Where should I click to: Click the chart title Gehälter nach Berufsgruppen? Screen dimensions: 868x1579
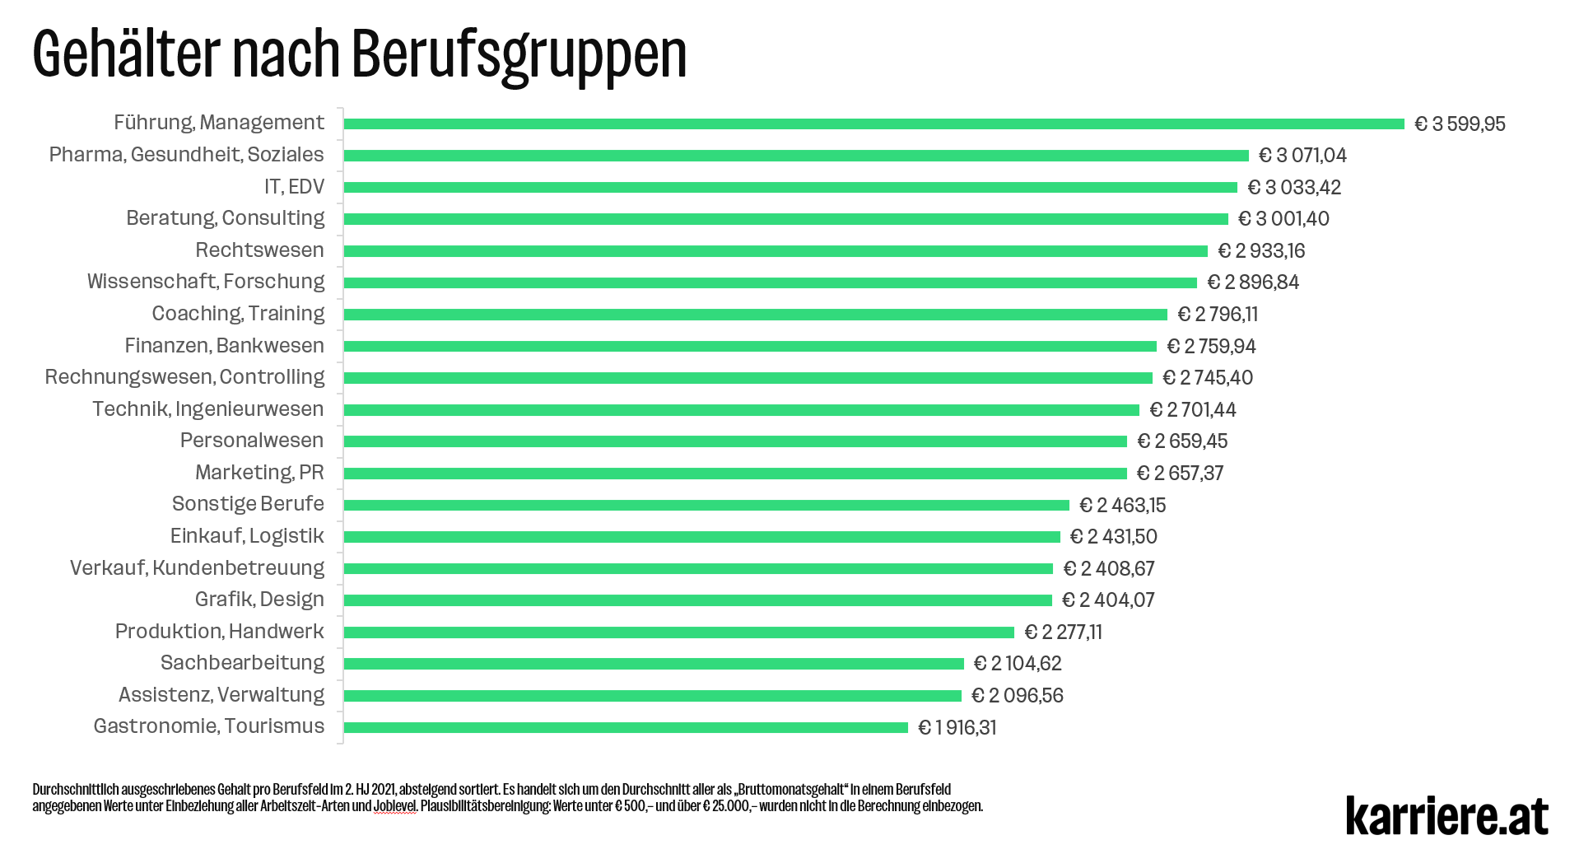(x=360, y=54)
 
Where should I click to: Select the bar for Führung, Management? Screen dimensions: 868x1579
(x=873, y=124)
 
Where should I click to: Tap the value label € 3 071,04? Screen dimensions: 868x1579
(x=1302, y=156)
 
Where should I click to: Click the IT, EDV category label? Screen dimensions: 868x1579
(x=294, y=187)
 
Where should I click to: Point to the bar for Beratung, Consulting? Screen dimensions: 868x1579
(x=785, y=219)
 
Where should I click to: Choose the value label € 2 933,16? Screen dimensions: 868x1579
(x=1261, y=251)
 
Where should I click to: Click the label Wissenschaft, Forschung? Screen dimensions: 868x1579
(x=206, y=282)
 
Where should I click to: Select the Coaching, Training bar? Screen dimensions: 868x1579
(x=755, y=315)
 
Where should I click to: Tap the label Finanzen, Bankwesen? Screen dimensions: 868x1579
(x=224, y=346)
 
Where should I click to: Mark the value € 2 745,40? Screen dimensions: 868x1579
(x=1207, y=378)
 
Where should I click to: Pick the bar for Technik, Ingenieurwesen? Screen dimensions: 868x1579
(x=741, y=410)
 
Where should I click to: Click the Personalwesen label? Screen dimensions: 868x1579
(x=251, y=441)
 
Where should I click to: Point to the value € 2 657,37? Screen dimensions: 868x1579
(x=1180, y=474)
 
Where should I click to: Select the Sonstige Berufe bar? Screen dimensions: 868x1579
(x=706, y=505)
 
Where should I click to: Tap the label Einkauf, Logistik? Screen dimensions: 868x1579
(x=246, y=536)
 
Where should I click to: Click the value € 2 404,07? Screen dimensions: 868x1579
(x=1108, y=600)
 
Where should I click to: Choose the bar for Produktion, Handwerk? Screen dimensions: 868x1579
(x=678, y=632)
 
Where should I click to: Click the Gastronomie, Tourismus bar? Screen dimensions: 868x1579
(x=626, y=728)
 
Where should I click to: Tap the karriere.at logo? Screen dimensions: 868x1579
(x=1446, y=815)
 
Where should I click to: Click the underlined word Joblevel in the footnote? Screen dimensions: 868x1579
(x=394, y=806)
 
